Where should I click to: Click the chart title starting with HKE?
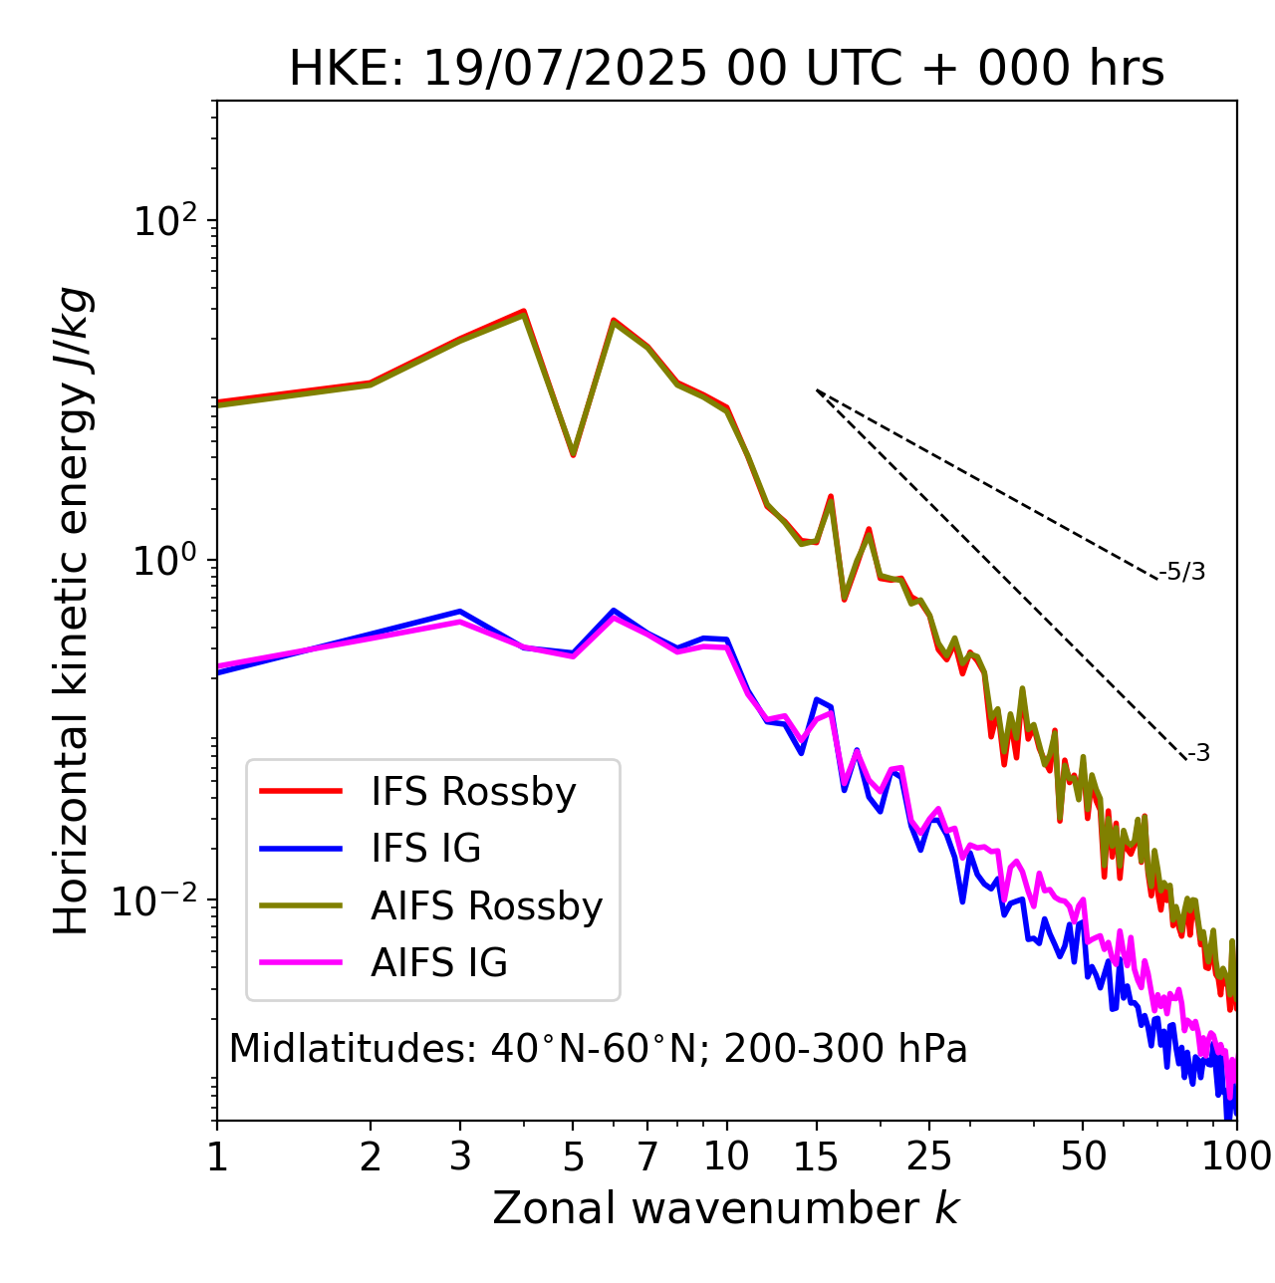(x=726, y=70)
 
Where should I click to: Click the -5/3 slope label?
(x=1182, y=572)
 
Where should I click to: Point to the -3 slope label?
(x=1198, y=754)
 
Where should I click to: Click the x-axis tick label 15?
(x=816, y=1156)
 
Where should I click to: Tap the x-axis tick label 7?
(x=647, y=1156)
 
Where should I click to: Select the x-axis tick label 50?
(x=1083, y=1156)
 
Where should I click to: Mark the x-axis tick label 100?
(x=1236, y=1156)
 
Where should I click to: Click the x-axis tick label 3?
(x=460, y=1156)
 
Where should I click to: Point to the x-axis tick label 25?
(x=929, y=1156)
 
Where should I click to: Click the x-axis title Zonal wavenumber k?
(x=726, y=1208)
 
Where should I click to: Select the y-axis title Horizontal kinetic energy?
(x=72, y=611)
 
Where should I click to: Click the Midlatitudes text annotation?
(x=598, y=1049)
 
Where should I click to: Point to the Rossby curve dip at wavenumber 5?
(x=573, y=454)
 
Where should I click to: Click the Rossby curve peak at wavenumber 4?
(x=524, y=312)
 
